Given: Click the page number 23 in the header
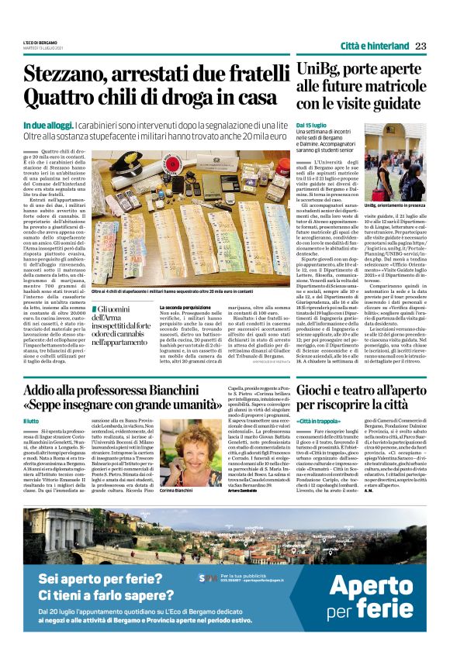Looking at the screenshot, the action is (420, 45).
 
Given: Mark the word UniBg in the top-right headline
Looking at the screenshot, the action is (318, 70).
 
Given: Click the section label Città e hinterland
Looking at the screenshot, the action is (372, 45).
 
